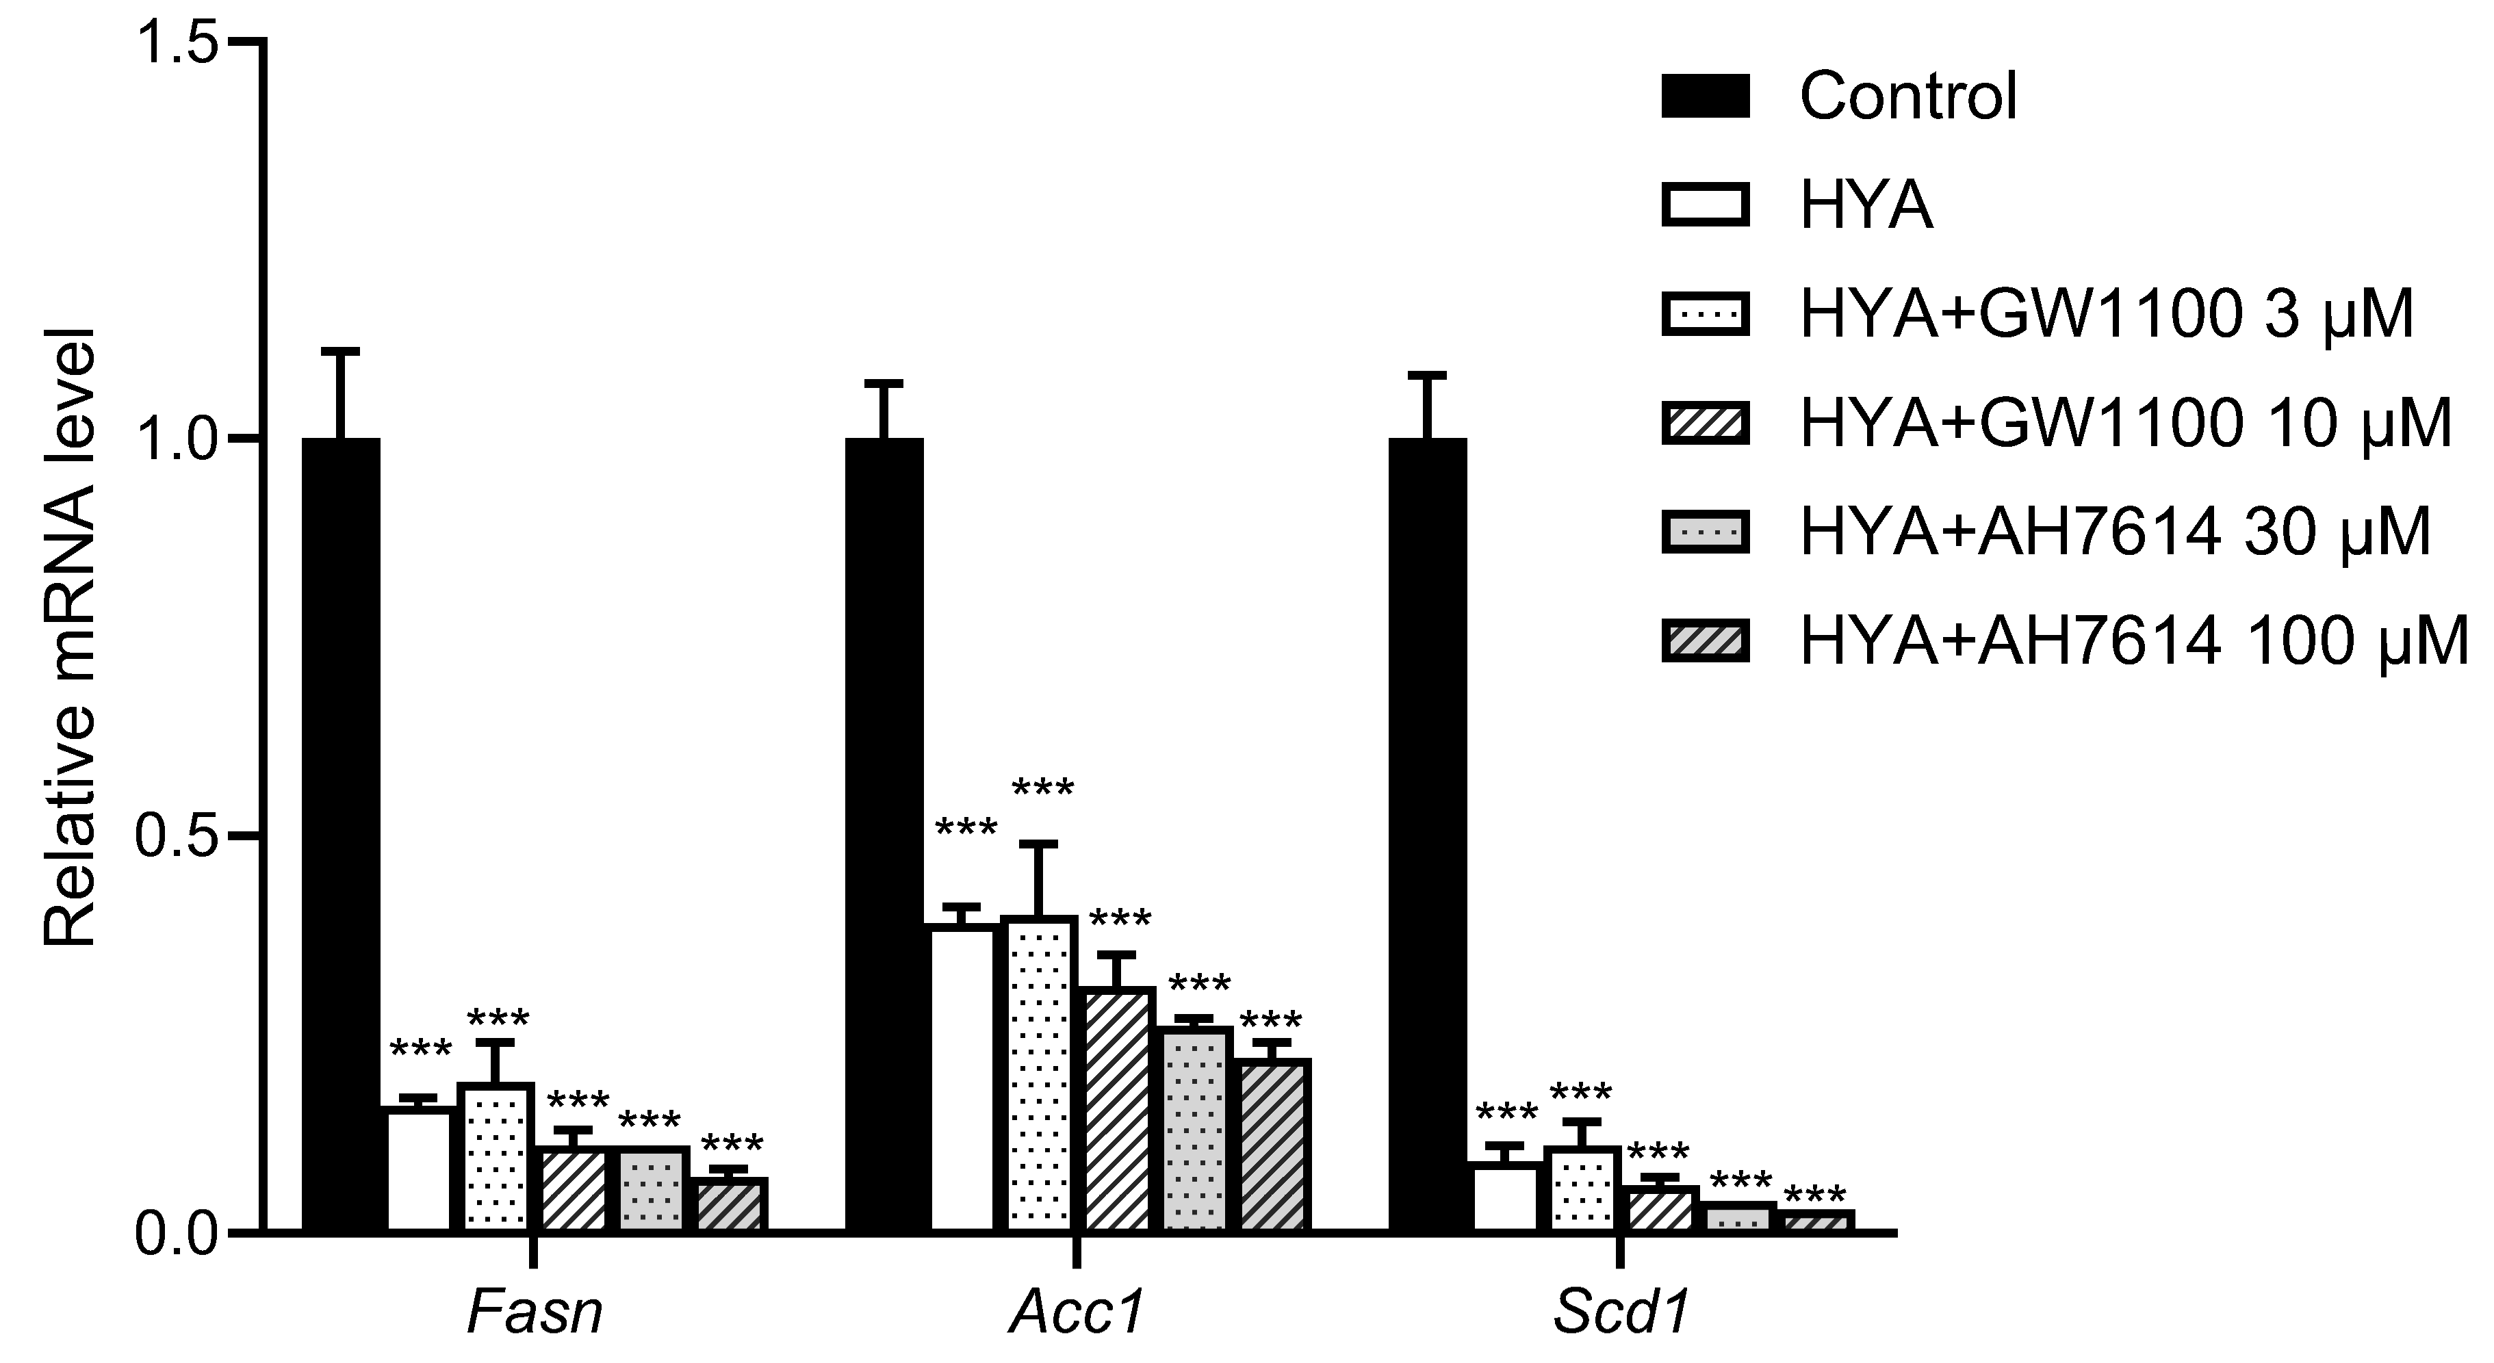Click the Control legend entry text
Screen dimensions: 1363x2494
point(1907,96)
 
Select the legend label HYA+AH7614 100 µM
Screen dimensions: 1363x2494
point(2135,642)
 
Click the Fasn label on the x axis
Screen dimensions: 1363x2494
point(535,1312)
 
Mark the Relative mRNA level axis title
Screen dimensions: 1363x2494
point(70,639)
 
